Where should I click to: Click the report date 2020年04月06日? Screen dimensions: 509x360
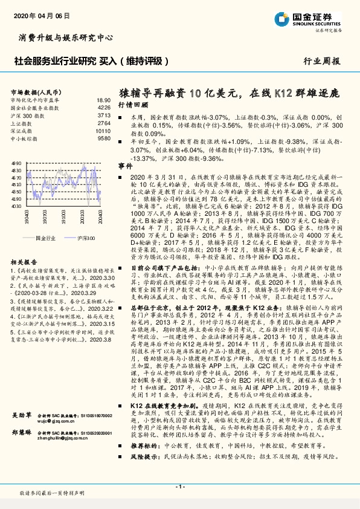tap(37, 13)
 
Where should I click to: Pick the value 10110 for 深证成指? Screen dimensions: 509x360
tap(103, 131)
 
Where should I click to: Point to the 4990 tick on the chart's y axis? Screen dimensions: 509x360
tap(16, 163)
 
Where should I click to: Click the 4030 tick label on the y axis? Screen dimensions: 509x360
tap(16, 206)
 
